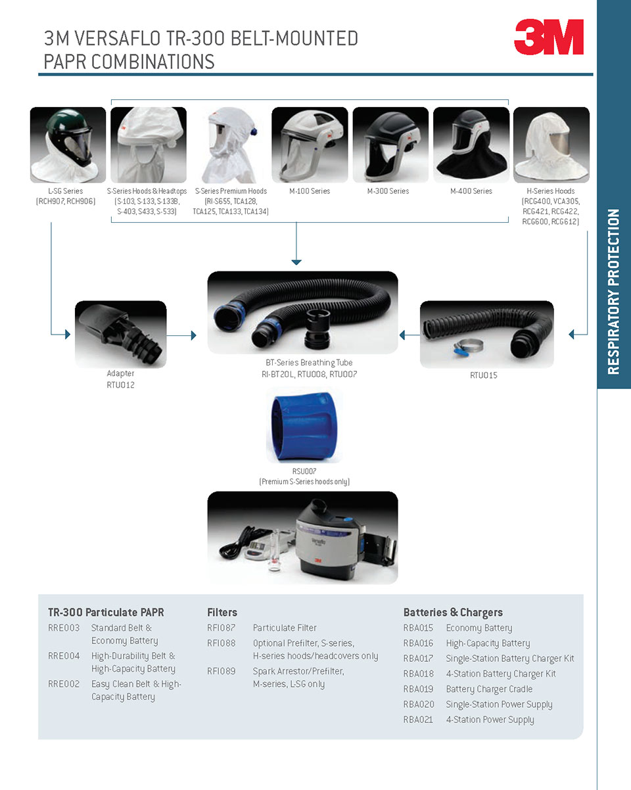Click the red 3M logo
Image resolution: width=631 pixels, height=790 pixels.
(x=548, y=37)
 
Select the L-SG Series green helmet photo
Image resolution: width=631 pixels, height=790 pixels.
(x=68, y=145)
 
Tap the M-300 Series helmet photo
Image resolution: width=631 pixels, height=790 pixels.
(x=390, y=145)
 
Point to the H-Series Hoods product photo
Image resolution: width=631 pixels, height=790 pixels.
(x=551, y=145)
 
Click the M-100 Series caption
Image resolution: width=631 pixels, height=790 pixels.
(x=310, y=191)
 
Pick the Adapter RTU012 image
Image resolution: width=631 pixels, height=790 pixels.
(x=120, y=334)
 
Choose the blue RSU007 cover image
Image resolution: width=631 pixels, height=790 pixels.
(x=304, y=425)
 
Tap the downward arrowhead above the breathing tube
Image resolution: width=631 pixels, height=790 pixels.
(x=296, y=262)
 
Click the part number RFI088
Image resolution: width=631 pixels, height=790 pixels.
(x=221, y=643)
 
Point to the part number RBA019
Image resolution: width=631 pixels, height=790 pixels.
(x=418, y=689)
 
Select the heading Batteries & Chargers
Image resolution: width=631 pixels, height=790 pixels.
(x=453, y=613)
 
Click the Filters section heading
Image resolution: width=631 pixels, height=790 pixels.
(x=222, y=613)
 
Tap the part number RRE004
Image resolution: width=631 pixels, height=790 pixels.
(x=64, y=656)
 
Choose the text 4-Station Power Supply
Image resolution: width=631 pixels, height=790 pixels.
(x=490, y=720)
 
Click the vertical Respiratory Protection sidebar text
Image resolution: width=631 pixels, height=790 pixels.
(x=613, y=292)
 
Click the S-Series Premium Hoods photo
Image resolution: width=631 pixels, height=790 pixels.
(x=229, y=145)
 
